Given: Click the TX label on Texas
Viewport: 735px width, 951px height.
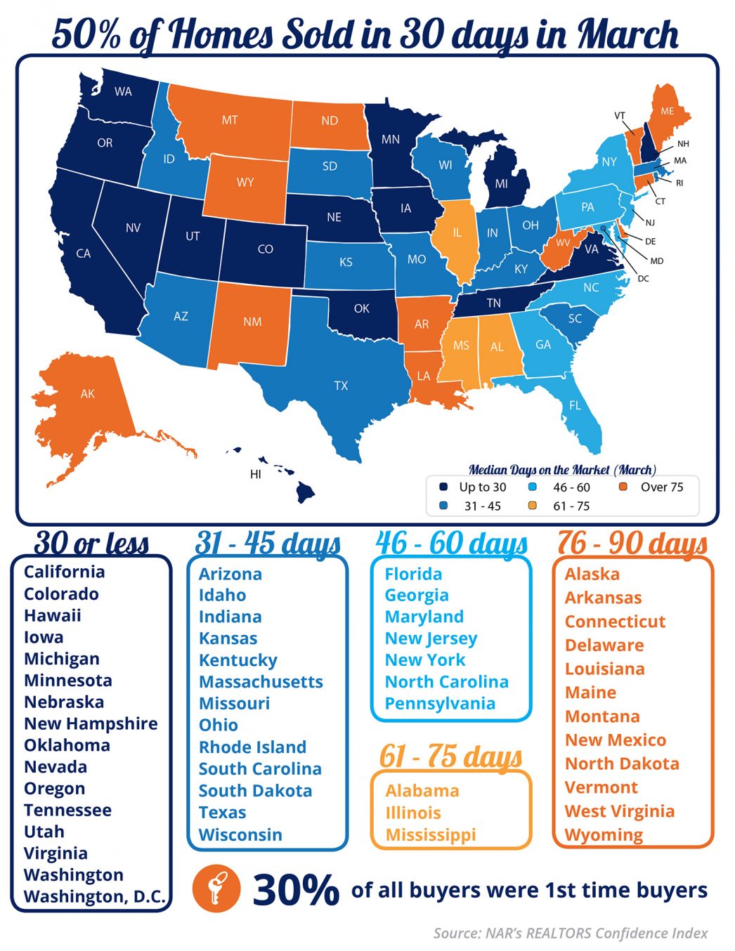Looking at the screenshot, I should click(x=341, y=386).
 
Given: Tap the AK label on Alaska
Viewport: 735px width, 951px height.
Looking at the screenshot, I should click(x=87, y=394).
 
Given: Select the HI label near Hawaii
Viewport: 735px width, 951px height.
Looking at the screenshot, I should click(x=255, y=474).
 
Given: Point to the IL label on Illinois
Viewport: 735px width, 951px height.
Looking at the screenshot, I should click(x=457, y=232).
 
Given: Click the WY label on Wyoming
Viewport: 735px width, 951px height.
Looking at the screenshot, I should click(x=245, y=183).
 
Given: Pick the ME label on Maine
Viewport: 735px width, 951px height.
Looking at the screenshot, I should click(x=667, y=111).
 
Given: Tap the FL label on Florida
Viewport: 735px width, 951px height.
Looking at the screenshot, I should click(x=575, y=405).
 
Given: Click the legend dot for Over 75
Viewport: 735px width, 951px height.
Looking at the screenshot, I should click(x=623, y=487).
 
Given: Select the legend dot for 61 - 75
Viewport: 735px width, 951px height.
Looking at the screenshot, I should click(x=532, y=506).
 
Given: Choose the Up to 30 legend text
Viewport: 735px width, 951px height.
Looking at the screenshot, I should click(x=482, y=487).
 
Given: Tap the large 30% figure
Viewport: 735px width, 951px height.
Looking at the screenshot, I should click(x=296, y=890).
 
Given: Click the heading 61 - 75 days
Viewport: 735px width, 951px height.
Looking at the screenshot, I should click(x=450, y=756).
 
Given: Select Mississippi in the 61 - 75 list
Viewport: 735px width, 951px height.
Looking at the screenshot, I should click(x=430, y=834).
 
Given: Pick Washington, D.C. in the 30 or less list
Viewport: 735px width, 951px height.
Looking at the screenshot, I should click(x=95, y=896).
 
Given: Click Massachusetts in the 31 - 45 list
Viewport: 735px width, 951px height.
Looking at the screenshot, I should click(x=261, y=681).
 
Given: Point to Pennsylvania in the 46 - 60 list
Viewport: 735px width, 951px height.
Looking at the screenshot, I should click(x=440, y=703).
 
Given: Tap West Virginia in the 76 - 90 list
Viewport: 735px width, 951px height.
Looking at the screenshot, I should click(x=619, y=811).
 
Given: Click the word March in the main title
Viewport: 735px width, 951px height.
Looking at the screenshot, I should click(x=627, y=33).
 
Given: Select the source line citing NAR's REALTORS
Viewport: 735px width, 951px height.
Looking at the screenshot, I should click(x=570, y=933).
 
